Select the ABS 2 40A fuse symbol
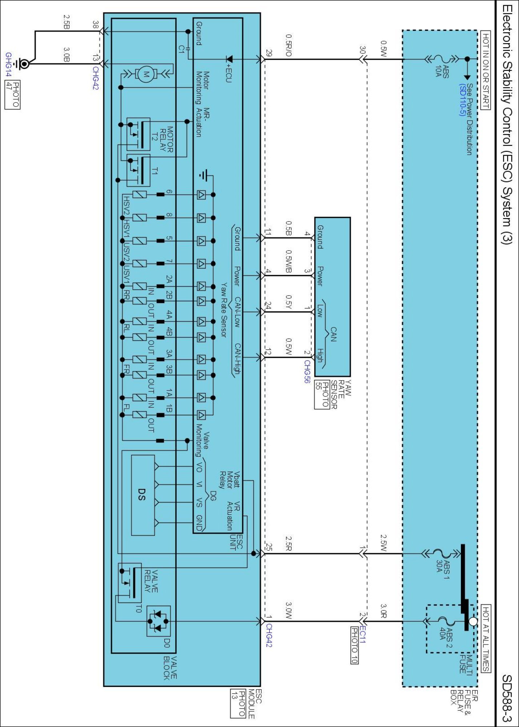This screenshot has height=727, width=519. [x=444, y=621]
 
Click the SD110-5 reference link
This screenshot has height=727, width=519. [x=462, y=100]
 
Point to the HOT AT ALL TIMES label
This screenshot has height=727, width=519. [x=486, y=638]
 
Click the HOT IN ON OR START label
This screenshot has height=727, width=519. [x=486, y=70]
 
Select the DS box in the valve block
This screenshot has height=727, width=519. [x=143, y=495]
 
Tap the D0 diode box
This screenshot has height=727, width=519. [x=158, y=621]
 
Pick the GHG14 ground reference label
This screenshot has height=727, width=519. [x=9, y=65]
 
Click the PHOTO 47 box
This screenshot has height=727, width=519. [x=12, y=95]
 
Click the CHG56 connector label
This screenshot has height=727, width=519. [x=307, y=371]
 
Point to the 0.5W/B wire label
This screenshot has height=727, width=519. [x=289, y=261]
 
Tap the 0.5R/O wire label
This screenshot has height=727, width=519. [x=289, y=46]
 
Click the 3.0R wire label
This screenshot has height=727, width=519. [x=384, y=611]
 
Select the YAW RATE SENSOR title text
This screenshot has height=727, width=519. [x=342, y=394]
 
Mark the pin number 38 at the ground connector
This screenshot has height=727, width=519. [x=95, y=25]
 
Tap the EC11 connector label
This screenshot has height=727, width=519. [x=362, y=635]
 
